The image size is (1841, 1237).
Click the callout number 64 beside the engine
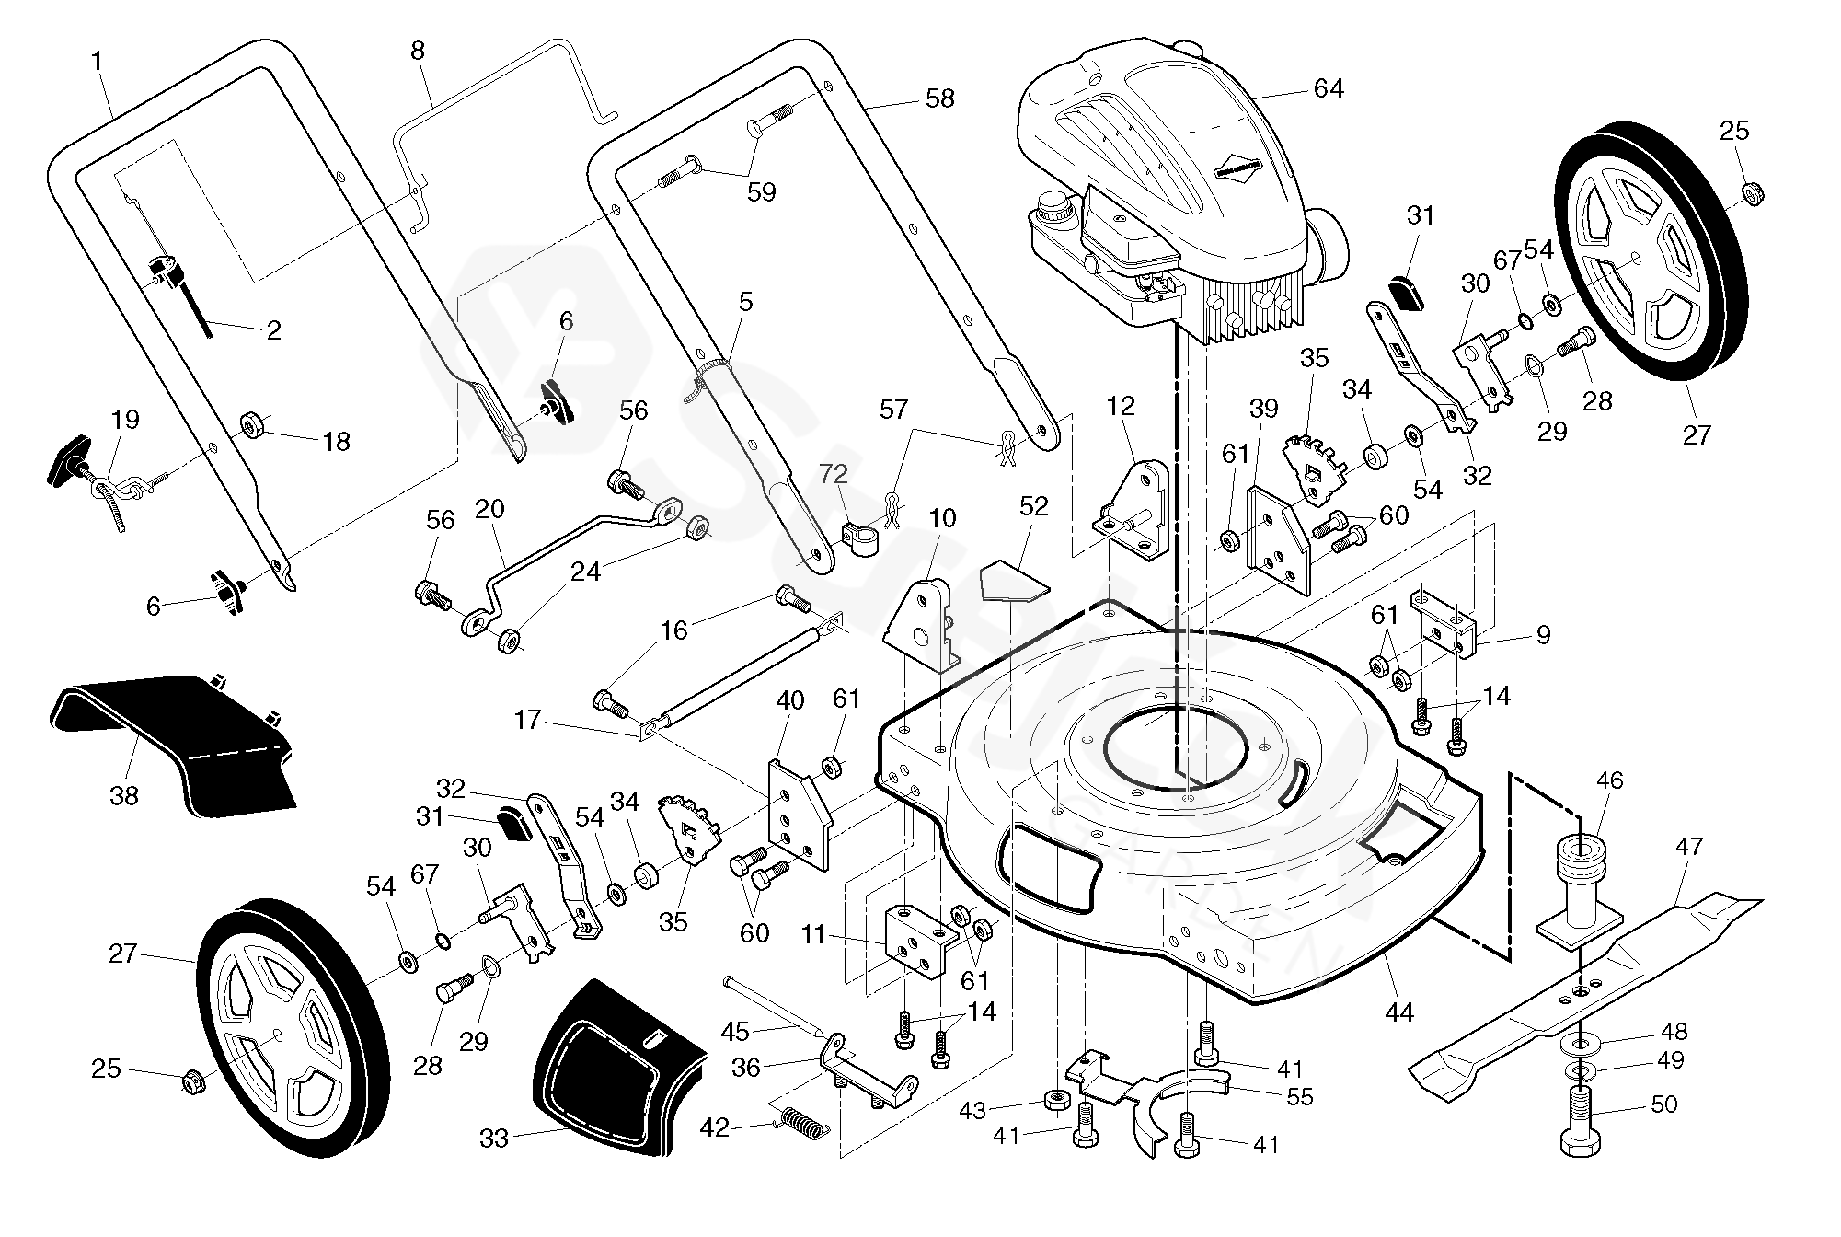coord(1329,89)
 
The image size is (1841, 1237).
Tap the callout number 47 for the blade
coord(1689,847)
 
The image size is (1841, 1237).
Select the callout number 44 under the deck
coord(1398,1013)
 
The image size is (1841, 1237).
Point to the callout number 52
coord(1033,506)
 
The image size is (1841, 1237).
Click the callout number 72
coord(834,475)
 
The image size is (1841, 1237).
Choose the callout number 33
coord(494,1139)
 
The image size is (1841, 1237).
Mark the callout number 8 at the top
coord(418,51)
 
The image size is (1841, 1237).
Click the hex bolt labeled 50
coord(1581,1124)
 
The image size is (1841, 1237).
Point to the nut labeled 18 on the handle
coord(253,425)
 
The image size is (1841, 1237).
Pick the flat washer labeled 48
coord(1582,1044)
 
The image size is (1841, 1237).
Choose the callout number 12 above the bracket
coord(1122,406)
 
